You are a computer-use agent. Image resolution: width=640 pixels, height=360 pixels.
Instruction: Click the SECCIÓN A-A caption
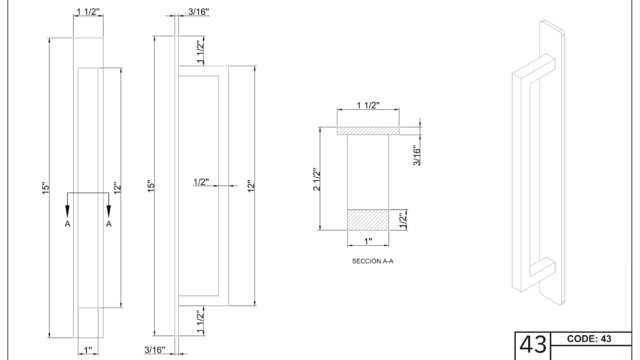point(373,261)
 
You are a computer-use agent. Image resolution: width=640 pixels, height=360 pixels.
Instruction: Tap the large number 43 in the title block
point(533,345)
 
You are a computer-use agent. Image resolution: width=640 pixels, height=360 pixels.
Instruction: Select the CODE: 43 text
point(589,339)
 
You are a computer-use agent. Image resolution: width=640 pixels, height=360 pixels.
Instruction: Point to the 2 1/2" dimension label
point(317,179)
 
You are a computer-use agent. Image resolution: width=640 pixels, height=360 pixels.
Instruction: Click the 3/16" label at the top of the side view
point(198,11)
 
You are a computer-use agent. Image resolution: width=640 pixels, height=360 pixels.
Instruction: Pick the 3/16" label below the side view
point(155,350)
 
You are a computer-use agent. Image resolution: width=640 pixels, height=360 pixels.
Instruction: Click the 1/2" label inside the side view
point(201,182)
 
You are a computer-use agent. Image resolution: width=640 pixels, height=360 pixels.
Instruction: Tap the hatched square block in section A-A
point(368,220)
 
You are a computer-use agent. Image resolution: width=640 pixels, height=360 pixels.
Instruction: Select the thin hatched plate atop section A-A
point(368,131)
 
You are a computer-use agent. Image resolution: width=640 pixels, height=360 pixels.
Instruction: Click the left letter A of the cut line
point(67,224)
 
